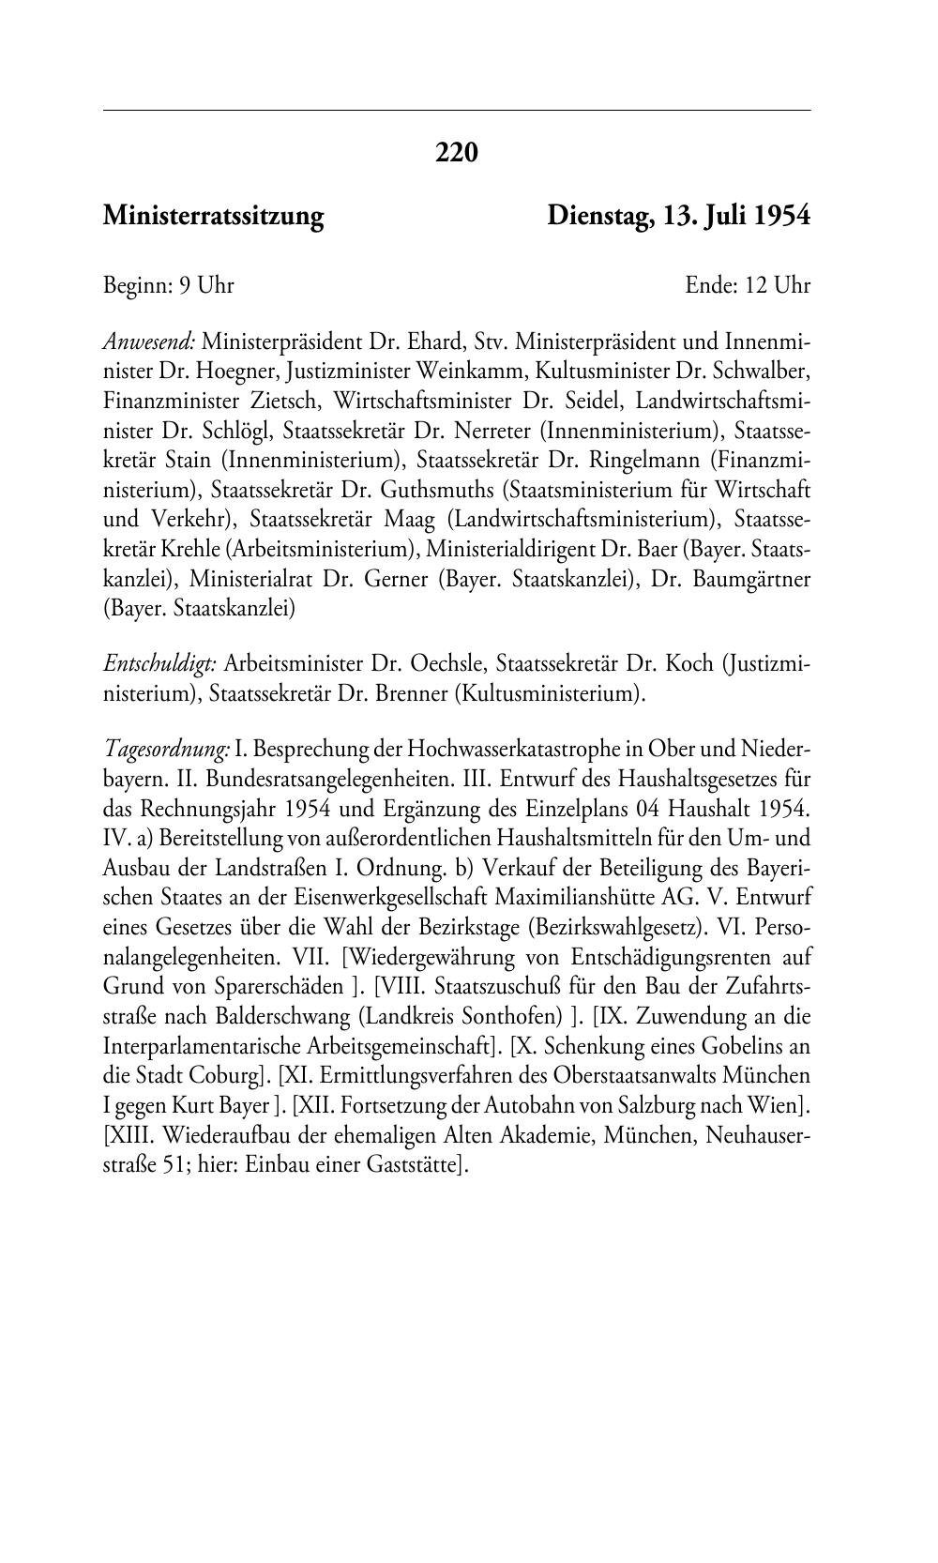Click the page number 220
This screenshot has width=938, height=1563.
(457, 152)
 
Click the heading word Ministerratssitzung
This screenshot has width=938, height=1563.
(213, 217)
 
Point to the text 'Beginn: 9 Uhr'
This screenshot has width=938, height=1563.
(168, 285)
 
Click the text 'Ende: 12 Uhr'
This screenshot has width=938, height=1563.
(747, 285)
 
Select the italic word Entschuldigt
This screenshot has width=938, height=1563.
(160, 664)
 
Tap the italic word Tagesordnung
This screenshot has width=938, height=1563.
(166, 749)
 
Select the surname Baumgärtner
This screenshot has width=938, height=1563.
(751, 579)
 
